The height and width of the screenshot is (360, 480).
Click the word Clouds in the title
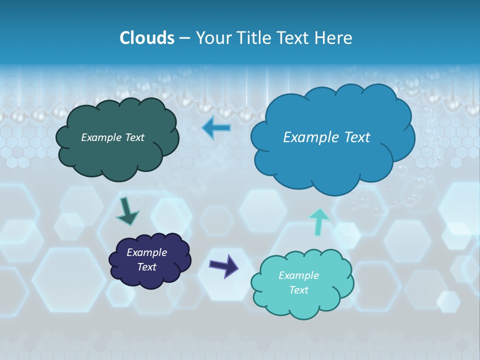(x=146, y=38)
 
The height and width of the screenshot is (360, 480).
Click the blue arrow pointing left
(x=216, y=128)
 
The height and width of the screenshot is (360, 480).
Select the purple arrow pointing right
(x=223, y=266)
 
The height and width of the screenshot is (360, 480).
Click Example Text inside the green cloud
(x=112, y=137)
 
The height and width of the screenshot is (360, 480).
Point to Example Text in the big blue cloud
(x=326, y=137)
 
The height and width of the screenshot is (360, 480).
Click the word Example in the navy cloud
(x=146, y=252)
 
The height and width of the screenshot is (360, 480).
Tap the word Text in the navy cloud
(x=146, y=267)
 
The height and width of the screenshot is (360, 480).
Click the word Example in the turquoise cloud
(x=298, y=275)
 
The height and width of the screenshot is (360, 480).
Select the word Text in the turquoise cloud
(x=298, y=290)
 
